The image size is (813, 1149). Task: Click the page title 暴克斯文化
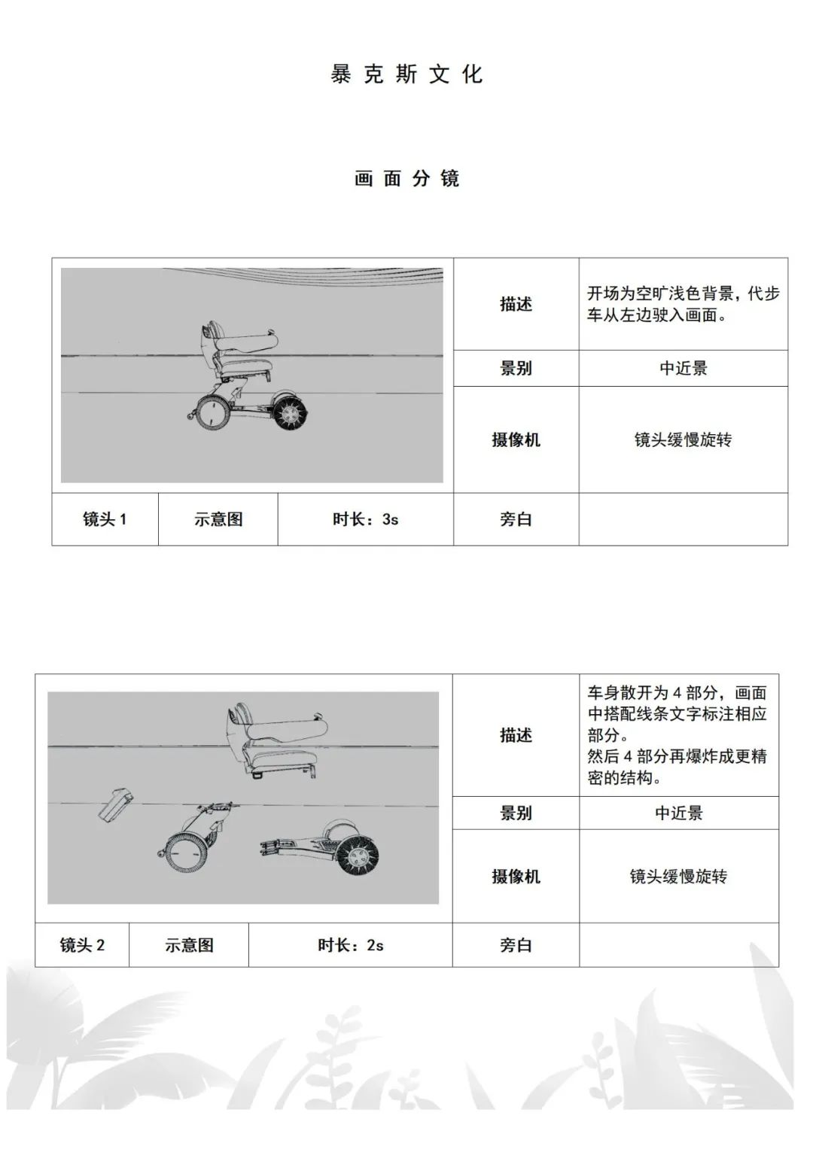pyautogui.click(x=406, y=74)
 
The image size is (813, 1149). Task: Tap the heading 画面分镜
pyautogui.click(x=406, y=178)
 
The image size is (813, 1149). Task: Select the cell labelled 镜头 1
pyautogui.click(x=105, y=519)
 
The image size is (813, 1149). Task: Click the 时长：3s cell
pyautogui.click(x=365, y=519)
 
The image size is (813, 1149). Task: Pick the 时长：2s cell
pyautogui.click(x=350, y=945)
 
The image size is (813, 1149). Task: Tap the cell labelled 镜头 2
pyautogui.click(x=82, y=945)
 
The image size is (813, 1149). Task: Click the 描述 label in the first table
pyautogui.click(x=516, y=304)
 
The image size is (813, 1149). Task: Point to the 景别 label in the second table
pyautogui.click(x=516, y=813)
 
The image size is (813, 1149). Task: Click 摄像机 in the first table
pyautogui.click(x=516, y=440)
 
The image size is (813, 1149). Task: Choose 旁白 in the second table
pyautogui.click(x=516, y=945)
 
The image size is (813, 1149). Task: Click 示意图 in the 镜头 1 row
pyautogui.click(x=218, y=519)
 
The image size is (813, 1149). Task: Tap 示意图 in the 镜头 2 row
pyautogui.click(x=189, y=945)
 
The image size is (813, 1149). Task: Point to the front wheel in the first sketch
pyautogui.click(x=213, y=413)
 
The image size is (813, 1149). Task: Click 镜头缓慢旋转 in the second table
pyautogui.click(x=678, y=877)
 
